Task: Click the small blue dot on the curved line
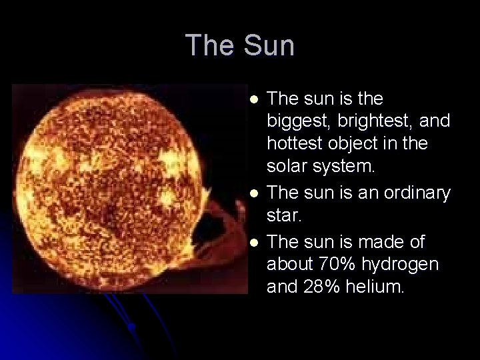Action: click(x=133, y=326)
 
